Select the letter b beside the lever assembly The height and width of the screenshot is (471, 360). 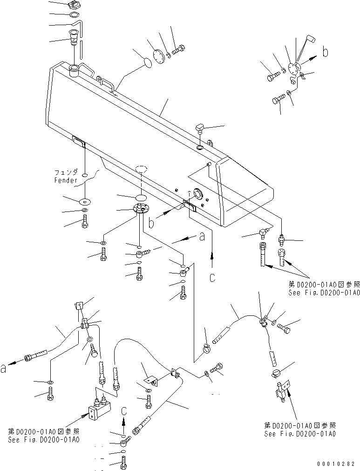click(x=325, y=52)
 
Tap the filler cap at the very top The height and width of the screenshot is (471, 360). click(x=73, y=6)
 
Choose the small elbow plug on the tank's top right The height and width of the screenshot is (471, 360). click(x=202, y=127)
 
